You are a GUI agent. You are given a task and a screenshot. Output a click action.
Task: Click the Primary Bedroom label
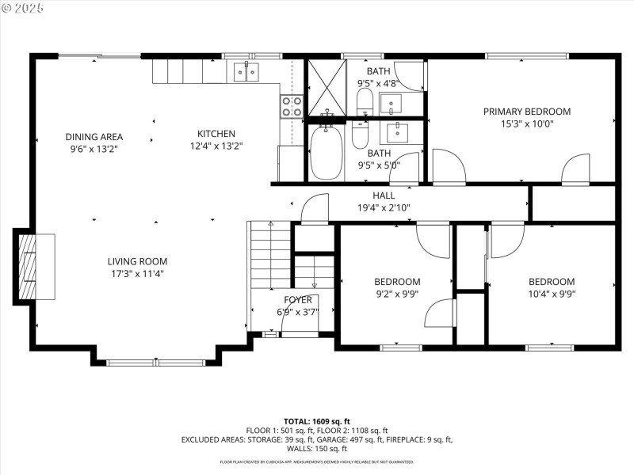[x=526, y=112]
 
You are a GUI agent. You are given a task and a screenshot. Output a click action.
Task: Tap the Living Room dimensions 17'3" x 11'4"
[x=138, y=274]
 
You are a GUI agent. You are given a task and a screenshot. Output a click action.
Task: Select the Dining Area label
[x=94, y=136]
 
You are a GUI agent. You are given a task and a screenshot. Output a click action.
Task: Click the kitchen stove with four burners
[x=292, y=106]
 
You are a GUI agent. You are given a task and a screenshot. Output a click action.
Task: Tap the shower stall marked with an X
[x=327, y=88]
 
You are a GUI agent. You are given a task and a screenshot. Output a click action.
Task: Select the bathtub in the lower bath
[x=325, y=151]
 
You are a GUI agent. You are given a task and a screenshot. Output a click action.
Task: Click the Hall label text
[x=384, y=196]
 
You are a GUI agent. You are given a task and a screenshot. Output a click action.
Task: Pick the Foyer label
[x=298, y=300]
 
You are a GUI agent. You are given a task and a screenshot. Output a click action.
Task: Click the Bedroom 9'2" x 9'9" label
[x=397, y=282]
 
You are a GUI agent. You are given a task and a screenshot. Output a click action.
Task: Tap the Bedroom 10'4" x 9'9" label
[x=552, y=282]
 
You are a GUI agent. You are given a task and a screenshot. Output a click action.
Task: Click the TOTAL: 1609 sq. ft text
[x=317, y=421]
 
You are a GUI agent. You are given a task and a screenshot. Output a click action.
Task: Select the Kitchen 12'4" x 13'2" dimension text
[x=216, y=146]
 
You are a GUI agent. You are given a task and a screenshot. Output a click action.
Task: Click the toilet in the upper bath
[x=365, y=100]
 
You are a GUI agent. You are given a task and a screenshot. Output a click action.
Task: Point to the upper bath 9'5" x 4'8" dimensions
[x=378, y=83]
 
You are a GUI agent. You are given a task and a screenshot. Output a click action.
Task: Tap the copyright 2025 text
[x=24, y=7]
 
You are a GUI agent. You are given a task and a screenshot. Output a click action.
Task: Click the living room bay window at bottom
[x=154, y=363]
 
